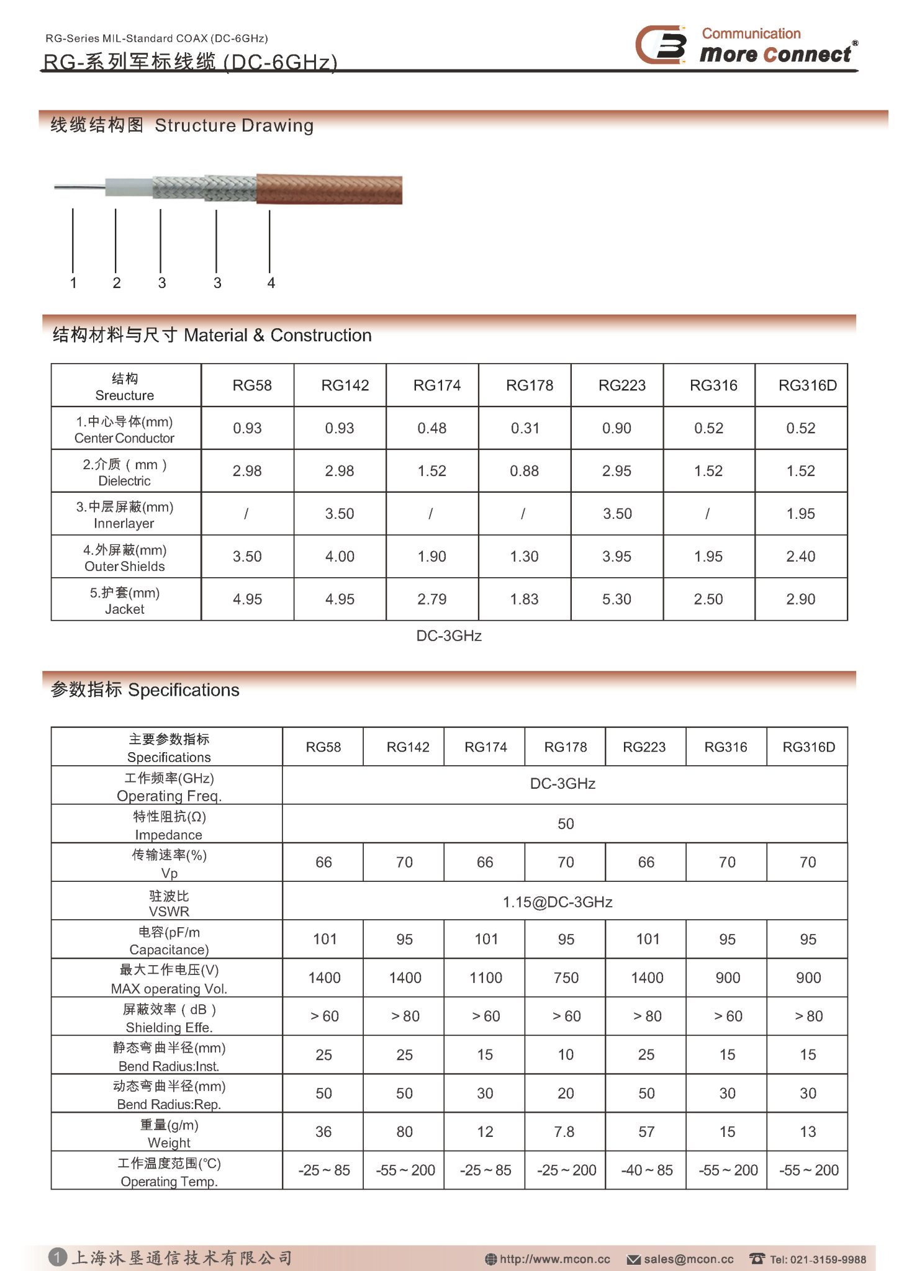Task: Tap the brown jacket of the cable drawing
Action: tap(329, 189)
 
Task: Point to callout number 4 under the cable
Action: tap(271, 283)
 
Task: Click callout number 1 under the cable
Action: tap(73, 283)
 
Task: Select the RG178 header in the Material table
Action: tap(529, 385)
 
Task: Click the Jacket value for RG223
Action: tap(617, 600)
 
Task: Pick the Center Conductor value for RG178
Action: tap(525, 428)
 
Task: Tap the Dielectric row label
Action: tap(125, 472)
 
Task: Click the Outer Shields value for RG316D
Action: tap(800, 557)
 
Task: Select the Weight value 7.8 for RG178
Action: tap(564, 1132)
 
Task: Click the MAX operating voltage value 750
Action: tap(566, 978)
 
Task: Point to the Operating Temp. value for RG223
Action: tap(646, 1170)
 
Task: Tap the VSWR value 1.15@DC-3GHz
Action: tap(558, 902)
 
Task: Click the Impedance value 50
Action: tap(565, 824)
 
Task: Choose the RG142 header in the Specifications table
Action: tap(408, 747)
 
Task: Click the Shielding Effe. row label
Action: tap(169, 1018)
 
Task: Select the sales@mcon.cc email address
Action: tap(688, 1259)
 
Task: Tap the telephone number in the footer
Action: tap(817, 1259)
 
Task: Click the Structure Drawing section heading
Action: tap(182, 125)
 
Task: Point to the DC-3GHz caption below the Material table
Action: tap(449, 636)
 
